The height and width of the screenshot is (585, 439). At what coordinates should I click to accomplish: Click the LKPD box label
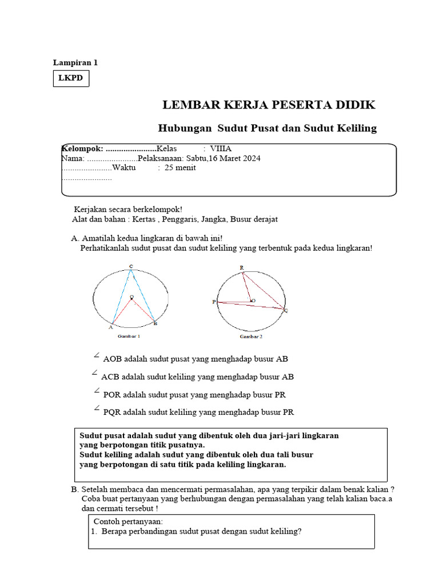(71, 78)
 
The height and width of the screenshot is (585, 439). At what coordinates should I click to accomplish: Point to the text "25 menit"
(180, 167)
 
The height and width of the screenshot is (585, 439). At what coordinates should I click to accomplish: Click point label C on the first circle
(131, 266)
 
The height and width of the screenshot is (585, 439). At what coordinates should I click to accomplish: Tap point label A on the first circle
(111, 328)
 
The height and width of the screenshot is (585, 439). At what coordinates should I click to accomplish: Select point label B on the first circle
(155, 324)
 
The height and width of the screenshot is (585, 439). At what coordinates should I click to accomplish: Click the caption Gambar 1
(129, 336)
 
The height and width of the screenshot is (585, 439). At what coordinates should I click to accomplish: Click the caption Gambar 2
(251, 337)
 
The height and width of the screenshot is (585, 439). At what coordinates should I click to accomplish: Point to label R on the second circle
(241, 267)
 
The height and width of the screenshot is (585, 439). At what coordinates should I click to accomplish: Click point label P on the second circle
(214, 302)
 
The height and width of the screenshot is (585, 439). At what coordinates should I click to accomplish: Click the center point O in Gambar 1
(131, 296)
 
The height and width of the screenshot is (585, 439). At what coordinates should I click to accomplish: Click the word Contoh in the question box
(107, 521)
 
